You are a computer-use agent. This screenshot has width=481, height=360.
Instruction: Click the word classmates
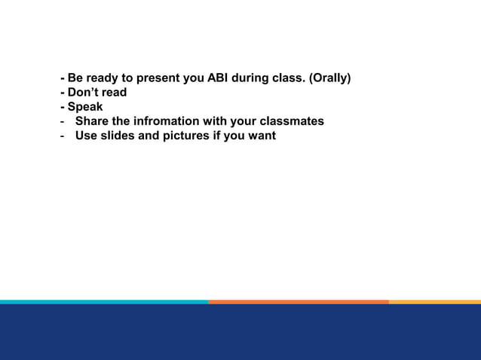point(291,121)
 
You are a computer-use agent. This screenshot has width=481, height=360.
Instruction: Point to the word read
point(113,92)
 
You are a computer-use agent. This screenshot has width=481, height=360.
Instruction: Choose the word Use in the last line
point(85,136)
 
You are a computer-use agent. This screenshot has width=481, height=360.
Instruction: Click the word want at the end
point(261,136)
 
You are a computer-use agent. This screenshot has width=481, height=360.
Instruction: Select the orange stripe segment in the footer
point(298,301)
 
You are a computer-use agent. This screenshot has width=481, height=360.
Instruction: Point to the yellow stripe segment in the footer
point(434,301)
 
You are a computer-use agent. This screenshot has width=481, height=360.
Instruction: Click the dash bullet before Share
point(63,121)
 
